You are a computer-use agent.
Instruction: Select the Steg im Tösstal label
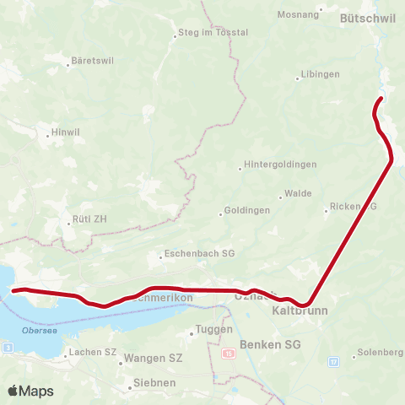pos(213,33)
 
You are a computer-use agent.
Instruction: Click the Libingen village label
pos(321,74)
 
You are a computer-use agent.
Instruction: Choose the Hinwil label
pos(66,133)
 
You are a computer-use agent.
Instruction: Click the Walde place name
pos(298,193)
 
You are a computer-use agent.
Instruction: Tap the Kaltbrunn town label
pos(300,311)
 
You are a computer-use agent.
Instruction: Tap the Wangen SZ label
pos(153,358)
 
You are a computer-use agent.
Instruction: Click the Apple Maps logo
pos(31,391)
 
